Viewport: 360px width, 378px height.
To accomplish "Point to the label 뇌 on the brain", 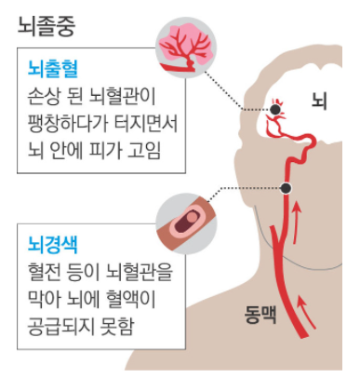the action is click(319, 99).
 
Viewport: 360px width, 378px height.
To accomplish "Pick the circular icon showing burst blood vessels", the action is click(187, 46).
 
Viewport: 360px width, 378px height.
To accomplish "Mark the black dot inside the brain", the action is click(275, 110).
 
